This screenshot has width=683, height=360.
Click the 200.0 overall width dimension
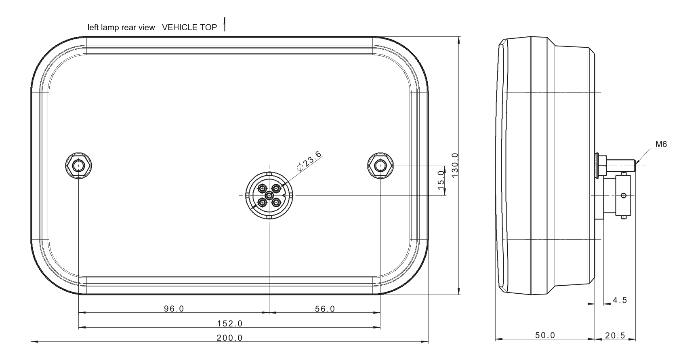229,338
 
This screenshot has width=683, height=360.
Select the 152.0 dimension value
229,323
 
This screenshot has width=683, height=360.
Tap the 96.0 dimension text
174,309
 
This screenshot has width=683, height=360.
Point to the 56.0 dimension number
325,309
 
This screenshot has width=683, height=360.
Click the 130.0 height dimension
455,165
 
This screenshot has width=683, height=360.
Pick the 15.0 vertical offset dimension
441,180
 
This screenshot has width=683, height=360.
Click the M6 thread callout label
661,144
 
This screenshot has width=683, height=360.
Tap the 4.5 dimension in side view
620,300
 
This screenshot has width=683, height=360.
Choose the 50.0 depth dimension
545,335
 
